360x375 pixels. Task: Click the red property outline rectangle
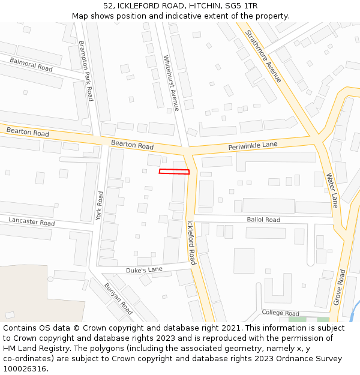pos(174,172)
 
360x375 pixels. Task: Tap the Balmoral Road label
pos(31,64)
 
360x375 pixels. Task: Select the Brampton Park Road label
pos(86,70)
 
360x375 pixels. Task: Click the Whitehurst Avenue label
pos(171,83)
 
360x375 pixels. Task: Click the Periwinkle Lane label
pos(253,145)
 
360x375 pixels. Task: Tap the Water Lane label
pos(332,190)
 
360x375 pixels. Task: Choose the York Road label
pos(100,206)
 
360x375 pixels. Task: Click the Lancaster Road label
pos(31,222)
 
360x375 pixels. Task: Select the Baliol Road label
pos(263,220)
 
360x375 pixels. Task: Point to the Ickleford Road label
pos(191,242)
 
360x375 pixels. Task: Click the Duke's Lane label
pos(144,270)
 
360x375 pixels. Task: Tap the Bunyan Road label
pos(118,299)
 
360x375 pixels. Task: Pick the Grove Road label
pos(339,287)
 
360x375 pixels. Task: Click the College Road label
pos(280,313)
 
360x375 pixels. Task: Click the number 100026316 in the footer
pos(25,369)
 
